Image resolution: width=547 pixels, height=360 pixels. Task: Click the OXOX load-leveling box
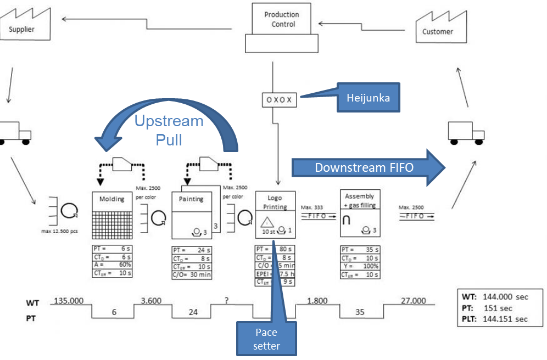tap(279, 100)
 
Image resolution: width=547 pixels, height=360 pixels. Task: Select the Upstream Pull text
tap(169, 130)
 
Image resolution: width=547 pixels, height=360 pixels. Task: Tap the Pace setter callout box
tap(267, 339)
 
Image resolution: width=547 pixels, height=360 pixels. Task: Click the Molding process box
tap(112, 216)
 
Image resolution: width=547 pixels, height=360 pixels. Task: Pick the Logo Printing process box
tap(275, 215)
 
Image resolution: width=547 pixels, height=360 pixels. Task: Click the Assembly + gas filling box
tap(360, 213)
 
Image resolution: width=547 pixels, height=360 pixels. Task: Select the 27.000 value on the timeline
tap(413, 300)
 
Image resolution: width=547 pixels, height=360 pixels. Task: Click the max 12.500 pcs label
tap(59, 231)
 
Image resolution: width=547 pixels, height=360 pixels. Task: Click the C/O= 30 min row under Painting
tap(192, 274)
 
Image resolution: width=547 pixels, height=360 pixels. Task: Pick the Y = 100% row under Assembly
tap(360, 266)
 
